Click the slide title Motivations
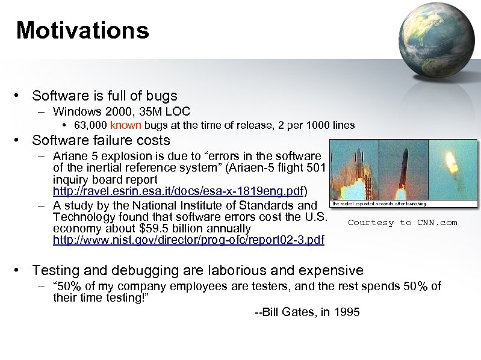click(x=82, y=29)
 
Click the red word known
click(x=126, y=125)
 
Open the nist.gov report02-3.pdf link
click(x=188, y=240)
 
